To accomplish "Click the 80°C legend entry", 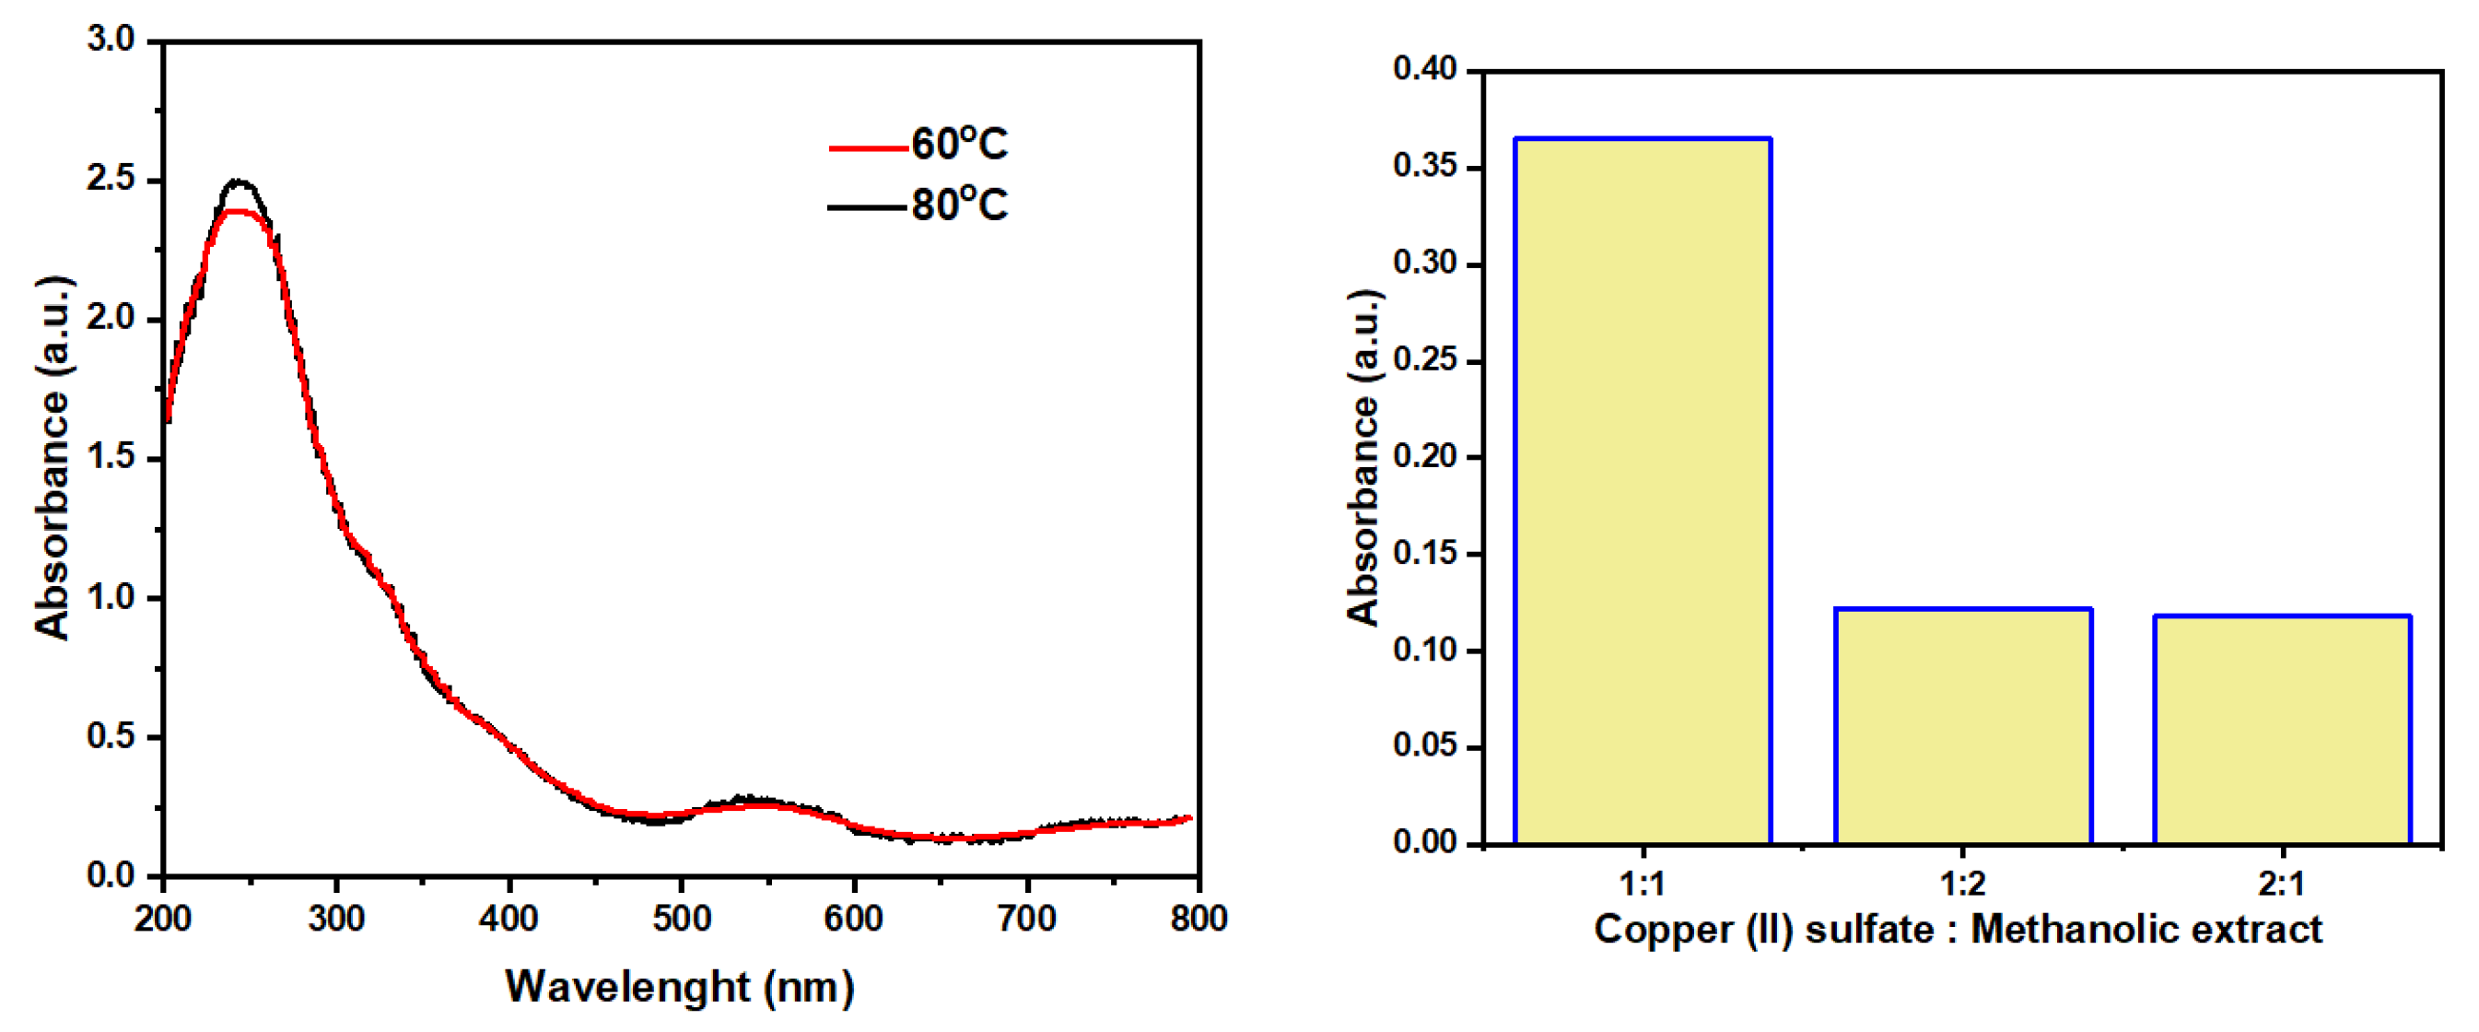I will coord(919,206).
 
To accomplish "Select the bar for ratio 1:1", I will coord(1642,491).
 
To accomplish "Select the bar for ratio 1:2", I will coord(1962,726).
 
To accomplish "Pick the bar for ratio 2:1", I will coord(2282,730).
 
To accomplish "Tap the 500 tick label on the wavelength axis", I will coord(682,919).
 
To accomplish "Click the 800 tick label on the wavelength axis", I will coord(1199,919).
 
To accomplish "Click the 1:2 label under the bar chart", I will coord(1962,883).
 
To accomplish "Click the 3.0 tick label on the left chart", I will coord(111,40).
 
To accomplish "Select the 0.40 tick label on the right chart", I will coord(1424,69).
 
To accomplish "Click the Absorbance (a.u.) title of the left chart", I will coord(53,457).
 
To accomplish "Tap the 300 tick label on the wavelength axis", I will coord(336,919).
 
